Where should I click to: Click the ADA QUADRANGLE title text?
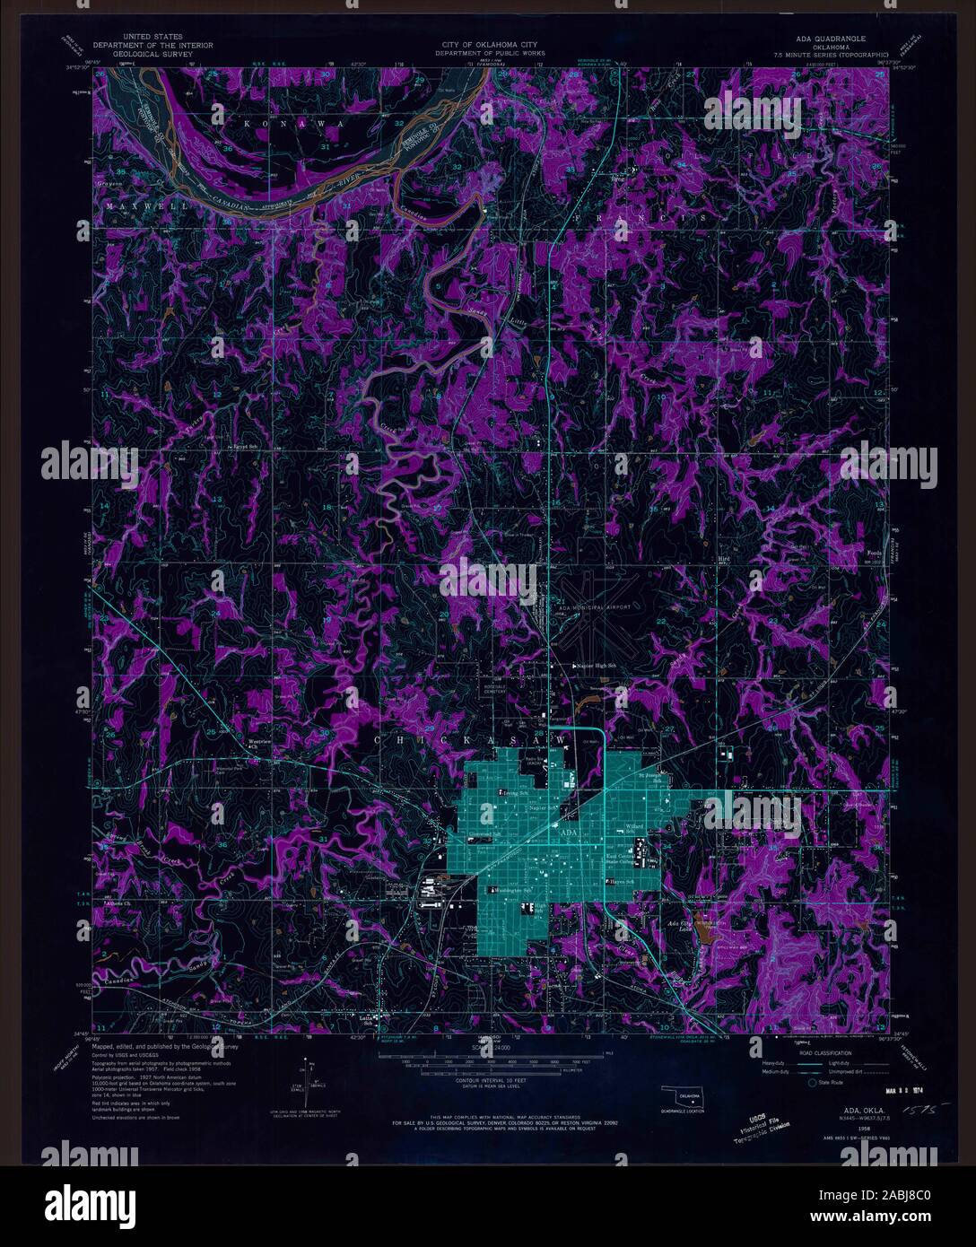click(x=831, y=39)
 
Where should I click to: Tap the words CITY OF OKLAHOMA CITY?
click(x=489, y=45)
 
